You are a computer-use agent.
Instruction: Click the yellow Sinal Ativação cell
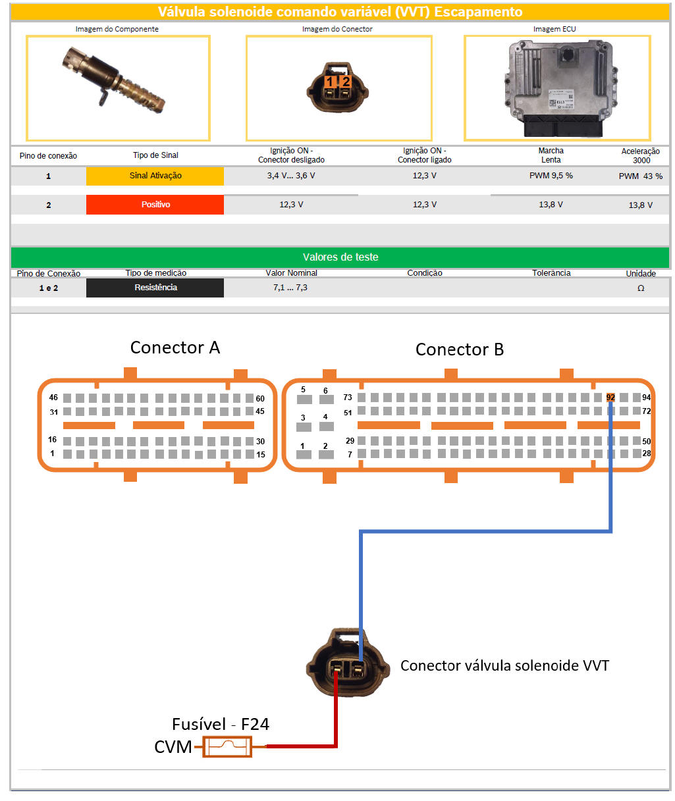[155, 176]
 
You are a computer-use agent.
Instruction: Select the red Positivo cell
[155, 205]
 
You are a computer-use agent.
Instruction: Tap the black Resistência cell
[155, 288]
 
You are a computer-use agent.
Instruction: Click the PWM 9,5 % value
[551, 176]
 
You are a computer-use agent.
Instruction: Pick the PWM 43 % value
[640, 176]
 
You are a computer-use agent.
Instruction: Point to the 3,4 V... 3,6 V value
[291, 176]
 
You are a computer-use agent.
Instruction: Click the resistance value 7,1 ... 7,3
[290, 288]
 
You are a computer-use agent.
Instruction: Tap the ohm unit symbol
[641, 288]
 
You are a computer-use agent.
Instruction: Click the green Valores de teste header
[340, 257]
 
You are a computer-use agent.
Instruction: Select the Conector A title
[175, 348]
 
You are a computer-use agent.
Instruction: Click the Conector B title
[459, 349]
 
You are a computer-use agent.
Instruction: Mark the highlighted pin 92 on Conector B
[610, 398]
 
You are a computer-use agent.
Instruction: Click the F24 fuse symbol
[227, 747]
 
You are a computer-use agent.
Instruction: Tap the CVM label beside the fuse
[173, 747]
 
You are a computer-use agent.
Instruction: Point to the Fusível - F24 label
[220, 724]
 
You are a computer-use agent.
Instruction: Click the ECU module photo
[557, 88]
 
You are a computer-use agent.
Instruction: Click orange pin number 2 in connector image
[346, 82]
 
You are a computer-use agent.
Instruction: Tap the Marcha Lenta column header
[551, 155]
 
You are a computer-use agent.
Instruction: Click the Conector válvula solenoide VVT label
[504, 665]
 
